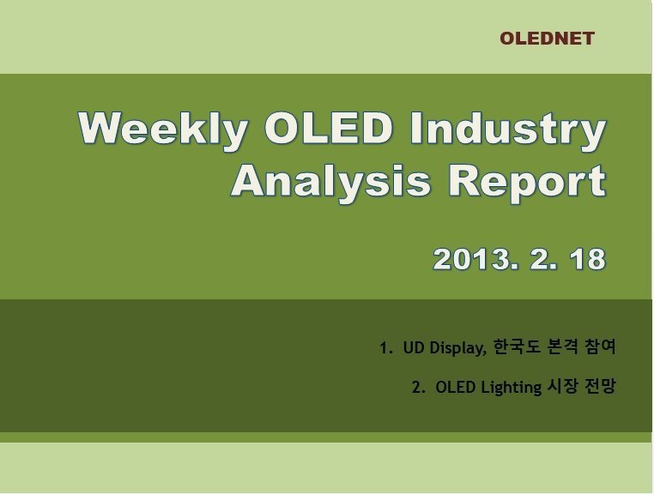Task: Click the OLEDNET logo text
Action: (x=547, y=39)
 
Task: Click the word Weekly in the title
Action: (x=163, y=129)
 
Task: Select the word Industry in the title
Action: (x=508, y=129)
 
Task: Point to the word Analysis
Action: (x=330, y=182)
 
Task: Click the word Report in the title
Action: (x=527, y=183)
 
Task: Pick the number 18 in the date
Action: (x=588, y=259)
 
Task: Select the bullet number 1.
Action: (x=385, y=347)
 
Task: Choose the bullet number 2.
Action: (x=418, y=388)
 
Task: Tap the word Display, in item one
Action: (x=458, y=348)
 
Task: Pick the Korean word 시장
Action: (x=562, y=387)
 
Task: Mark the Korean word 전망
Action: (x=600, y=387)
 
